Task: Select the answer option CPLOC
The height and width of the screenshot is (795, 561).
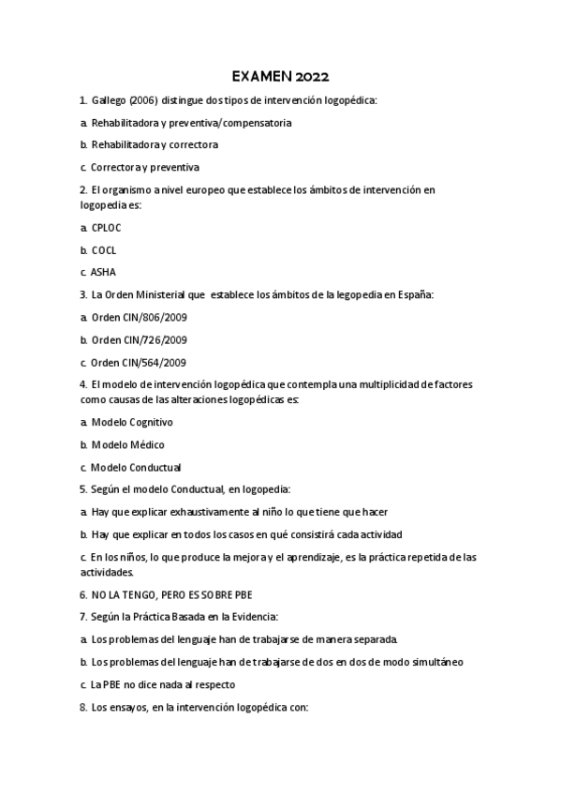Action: [106, 228]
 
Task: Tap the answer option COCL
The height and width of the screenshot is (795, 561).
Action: [103, 250]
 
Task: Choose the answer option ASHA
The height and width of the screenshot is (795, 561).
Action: [103, 273]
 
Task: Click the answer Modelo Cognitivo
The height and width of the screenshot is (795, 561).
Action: [132, 423]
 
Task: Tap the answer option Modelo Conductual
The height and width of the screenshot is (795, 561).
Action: [136, 468]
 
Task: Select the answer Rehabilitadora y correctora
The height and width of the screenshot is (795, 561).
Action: [155, 145]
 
